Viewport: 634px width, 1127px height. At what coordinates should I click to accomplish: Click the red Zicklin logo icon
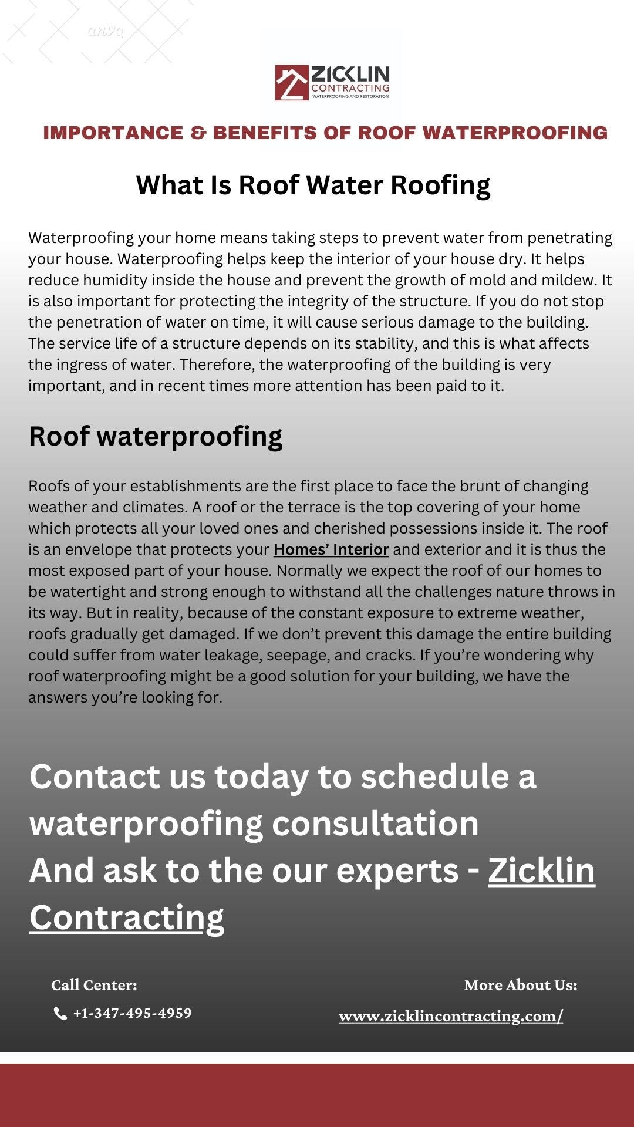(292, 82)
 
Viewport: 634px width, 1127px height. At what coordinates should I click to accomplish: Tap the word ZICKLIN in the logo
(350, 75)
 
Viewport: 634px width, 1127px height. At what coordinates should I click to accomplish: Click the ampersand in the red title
(198, 133)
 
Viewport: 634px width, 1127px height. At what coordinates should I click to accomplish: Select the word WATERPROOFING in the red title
(515, 133)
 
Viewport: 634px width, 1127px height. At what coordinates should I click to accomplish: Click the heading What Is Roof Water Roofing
(313, 185)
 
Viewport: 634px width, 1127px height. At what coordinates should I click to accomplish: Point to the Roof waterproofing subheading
(156, 436)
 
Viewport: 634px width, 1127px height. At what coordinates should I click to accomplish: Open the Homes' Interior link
(331, 549)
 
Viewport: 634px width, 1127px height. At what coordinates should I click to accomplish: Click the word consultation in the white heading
(375, 823)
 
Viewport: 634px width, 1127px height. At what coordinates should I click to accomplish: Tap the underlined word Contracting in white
(127, 917)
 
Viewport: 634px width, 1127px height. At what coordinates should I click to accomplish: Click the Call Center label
(94, 985)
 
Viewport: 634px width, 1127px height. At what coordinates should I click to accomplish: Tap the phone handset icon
(60, 1014)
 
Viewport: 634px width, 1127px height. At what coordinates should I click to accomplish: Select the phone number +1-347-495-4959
(133, 1013)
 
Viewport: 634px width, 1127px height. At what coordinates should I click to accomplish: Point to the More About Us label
(521, 985)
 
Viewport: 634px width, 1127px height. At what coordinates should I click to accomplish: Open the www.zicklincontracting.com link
(451, 1016)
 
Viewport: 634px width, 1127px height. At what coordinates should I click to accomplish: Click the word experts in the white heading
(397, 870)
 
